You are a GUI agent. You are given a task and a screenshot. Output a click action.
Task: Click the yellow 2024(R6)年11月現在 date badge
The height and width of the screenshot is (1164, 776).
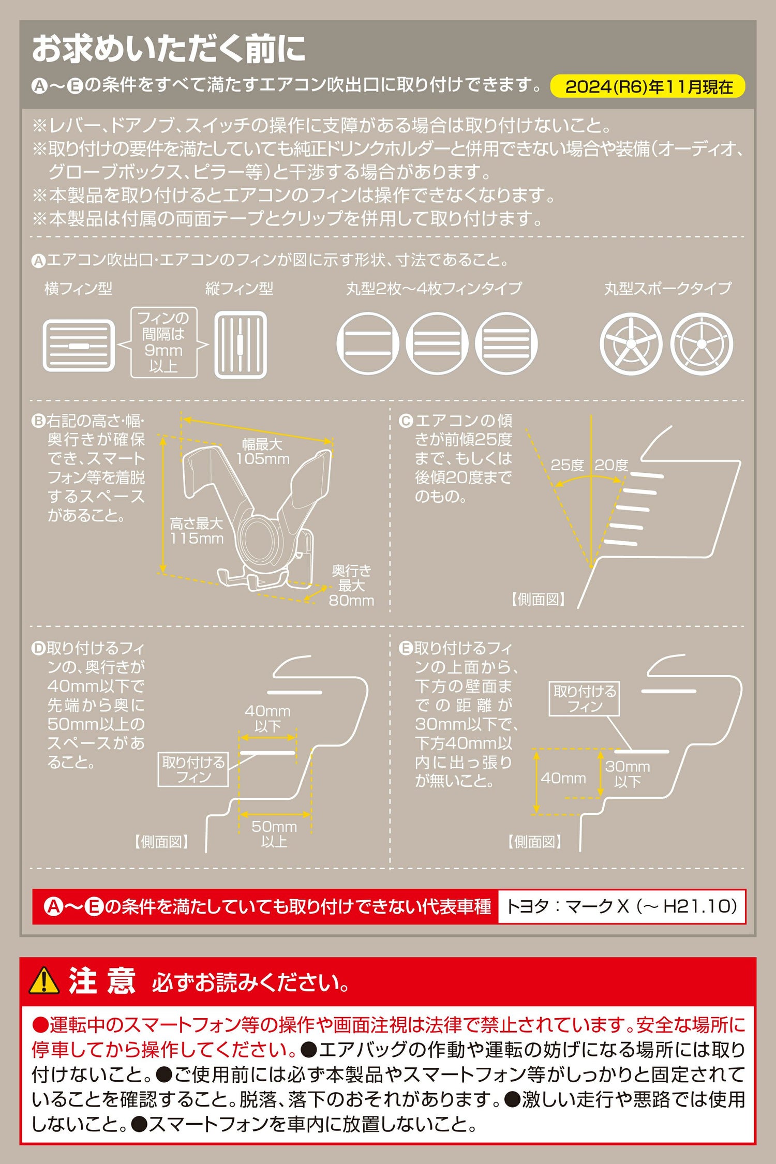tap(647, 86)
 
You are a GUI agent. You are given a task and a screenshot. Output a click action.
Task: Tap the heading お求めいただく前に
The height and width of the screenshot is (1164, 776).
tap(169, 49)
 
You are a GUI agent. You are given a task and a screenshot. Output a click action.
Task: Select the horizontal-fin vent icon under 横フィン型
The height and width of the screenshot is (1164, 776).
tap(79, 345)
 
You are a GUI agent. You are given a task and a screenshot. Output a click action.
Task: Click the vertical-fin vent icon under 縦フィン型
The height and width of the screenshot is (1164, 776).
tap(241, 345)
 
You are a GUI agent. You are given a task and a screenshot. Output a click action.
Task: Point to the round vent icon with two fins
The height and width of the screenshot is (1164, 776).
tap(368, 343)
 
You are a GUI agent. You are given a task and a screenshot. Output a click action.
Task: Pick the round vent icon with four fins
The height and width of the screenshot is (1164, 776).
tap(506, 343)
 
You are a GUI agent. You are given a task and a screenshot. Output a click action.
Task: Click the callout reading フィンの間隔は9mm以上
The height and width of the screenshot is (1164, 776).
tap(163, 342)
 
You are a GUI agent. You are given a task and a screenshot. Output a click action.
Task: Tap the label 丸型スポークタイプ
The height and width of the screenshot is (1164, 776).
tap(668, 288)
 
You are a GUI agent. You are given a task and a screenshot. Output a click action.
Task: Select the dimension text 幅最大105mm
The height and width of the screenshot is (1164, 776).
tap(263, 452)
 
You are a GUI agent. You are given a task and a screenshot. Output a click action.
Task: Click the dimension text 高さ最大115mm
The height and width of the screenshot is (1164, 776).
tap(197, 531)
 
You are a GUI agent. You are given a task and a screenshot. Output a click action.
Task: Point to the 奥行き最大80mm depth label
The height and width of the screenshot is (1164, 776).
tap(351, 586)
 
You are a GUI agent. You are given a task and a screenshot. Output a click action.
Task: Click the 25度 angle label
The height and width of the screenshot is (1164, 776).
tap(567, 465)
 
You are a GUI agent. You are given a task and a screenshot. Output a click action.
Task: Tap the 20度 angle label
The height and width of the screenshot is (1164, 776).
tap(611, 465)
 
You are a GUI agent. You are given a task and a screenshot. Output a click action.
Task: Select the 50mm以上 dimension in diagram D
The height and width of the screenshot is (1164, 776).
tap(274, 834)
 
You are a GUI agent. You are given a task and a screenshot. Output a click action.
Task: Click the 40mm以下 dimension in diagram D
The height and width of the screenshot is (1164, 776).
tap(267, 719)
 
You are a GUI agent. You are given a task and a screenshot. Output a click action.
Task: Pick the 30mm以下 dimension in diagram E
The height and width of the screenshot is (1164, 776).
tap(628, 774)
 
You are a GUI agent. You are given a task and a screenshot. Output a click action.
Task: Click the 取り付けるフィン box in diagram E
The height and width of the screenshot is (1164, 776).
tap(585, 699)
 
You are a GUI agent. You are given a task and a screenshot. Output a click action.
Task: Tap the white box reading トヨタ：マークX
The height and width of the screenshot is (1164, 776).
tap(622, 906)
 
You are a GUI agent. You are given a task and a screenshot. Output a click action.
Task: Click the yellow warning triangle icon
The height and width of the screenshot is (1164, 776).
tap(44, 980)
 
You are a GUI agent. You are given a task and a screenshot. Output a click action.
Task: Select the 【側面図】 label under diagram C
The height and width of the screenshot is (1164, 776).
tap(538, 600)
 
